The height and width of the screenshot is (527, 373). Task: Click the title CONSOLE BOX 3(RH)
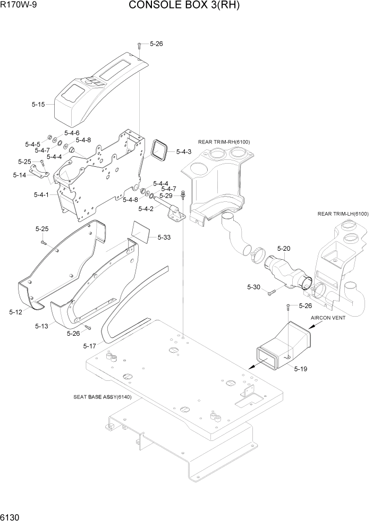click(x=184, y=6)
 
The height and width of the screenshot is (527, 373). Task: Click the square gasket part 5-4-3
click(x=158, y=150)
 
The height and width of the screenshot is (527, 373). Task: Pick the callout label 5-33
click(x=164, y=237)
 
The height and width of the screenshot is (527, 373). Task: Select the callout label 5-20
click(x=284, y=249)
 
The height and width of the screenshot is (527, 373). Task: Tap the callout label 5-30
click(x=253, y=287)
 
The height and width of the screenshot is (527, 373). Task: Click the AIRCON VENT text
click(x=328, y=318)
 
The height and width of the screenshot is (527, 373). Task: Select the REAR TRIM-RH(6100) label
click(x=224, y=142)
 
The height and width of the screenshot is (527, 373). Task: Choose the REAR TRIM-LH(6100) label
click(x=343, y=214)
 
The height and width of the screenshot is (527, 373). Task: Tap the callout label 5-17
click(x=90, y=346)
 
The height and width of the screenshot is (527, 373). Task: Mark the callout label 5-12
click(x=15, y=312)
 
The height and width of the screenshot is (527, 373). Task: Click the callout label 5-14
click(x=20, y=175)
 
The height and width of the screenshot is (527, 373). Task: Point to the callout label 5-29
click(x=166, y=195)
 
